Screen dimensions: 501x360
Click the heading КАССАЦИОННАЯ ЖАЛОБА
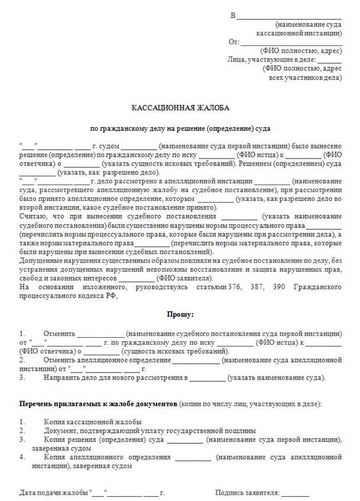point(180,108)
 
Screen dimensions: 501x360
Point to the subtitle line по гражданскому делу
point(180,128)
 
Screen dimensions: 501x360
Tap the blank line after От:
point(291,43)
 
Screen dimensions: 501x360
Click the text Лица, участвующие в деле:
point(271,60)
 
